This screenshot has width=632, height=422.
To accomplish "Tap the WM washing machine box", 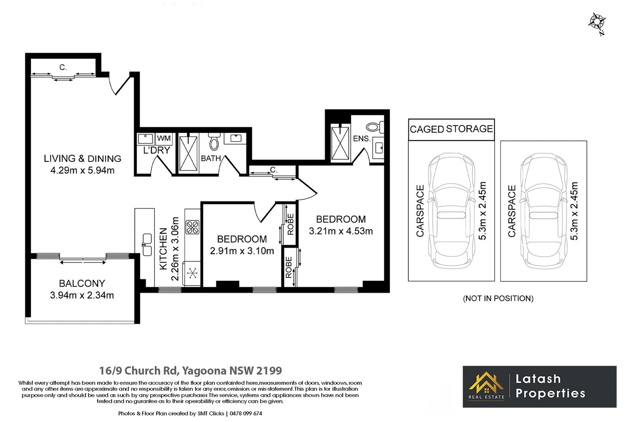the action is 163,138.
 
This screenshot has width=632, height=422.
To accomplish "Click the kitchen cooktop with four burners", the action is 192,227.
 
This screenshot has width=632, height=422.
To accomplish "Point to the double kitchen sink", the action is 147,245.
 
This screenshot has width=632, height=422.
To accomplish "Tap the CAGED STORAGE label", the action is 451,129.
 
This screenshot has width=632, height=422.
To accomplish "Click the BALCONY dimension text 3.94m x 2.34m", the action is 82,295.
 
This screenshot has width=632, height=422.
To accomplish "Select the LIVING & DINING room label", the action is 82,159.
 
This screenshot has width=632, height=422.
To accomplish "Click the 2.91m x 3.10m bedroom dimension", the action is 242,251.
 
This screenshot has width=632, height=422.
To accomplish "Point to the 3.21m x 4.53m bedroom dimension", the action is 341,231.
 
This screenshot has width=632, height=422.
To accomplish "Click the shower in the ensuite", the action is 340,143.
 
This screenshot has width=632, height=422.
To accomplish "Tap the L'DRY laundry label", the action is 156,150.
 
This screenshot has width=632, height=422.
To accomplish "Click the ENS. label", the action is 361,139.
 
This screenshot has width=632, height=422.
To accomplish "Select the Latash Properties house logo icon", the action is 486,384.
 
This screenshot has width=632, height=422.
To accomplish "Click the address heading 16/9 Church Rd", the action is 190,370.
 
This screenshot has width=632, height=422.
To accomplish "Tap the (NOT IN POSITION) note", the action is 498,299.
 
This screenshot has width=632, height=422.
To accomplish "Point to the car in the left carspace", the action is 451,211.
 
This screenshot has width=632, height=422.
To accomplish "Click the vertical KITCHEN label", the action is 163,249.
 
